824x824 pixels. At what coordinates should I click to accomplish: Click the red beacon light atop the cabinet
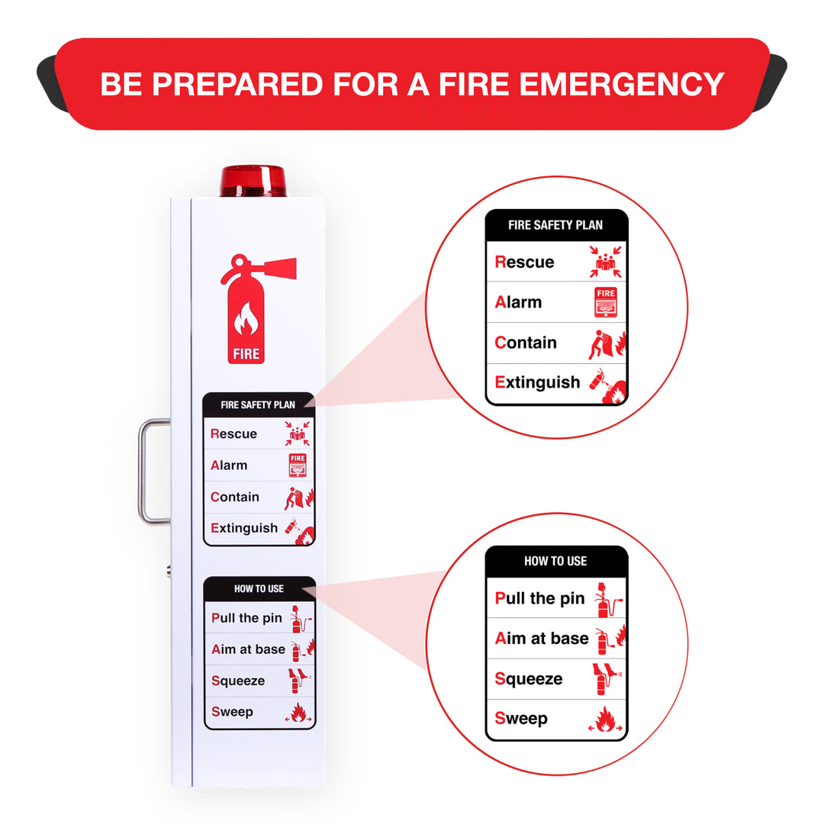click(253, 182)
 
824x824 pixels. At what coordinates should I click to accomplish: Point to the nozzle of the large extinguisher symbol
click(279, 268)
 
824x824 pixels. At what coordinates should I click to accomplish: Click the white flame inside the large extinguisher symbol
click(246, 320)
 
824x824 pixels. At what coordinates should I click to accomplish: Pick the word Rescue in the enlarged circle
click(524, 262)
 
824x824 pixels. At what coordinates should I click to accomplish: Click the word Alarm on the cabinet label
click(229, 465)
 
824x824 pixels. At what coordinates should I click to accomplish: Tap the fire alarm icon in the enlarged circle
click(606, 302)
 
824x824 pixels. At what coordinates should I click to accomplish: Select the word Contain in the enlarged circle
click(526, 343)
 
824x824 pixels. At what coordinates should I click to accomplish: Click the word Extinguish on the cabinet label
click(244, 528)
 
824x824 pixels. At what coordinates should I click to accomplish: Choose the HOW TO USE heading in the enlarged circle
click(555, 561)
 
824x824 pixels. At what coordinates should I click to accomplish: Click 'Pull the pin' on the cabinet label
click(246, 618)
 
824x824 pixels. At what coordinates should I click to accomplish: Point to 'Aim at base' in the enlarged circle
click(542, 639)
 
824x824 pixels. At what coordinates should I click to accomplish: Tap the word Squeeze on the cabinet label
click(238, 681)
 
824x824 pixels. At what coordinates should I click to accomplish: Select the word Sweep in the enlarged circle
click(521, 719)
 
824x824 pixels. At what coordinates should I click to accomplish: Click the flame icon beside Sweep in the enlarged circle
click(606, 719)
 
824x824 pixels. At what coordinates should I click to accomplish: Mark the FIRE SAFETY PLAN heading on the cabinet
click(258, 404)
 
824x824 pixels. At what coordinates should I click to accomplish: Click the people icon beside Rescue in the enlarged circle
click(606, 262)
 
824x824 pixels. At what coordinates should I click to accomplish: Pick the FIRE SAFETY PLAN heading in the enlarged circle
click(555, 225)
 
